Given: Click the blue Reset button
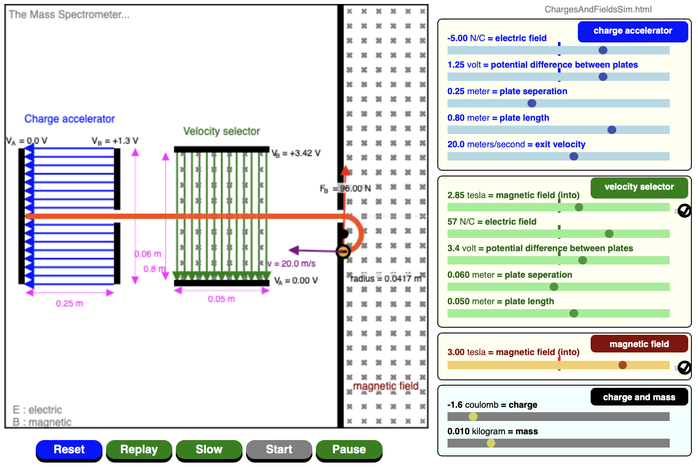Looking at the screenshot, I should [x=69, y=450].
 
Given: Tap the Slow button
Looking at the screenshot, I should [x=209, y=450].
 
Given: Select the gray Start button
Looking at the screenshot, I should [x=279, y=450].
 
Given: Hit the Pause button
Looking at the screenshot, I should [x=349, y=450].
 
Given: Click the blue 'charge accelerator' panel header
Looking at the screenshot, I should [x=633, y=31].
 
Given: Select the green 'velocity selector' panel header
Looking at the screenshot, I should [x=639, y=187].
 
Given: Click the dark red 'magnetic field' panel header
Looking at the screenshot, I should [x=639, y=344].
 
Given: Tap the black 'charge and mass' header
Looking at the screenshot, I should [x=639, y=397].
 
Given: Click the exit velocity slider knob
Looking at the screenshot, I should [x=574, y=156].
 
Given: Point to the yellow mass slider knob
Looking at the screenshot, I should [x=491, y=443].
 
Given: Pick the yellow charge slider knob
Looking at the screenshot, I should [x=473, y=417].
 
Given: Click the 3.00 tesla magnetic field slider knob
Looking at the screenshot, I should [x=622, y=365].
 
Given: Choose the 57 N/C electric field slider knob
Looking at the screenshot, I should [x=609, y=233].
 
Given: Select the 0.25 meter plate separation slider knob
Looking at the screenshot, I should [x=532, y=103].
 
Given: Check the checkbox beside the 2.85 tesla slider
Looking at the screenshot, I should [x=684, y=211].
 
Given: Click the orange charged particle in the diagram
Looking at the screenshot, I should [x=343, y=251].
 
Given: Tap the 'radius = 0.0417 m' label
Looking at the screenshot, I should [x=386, y=279].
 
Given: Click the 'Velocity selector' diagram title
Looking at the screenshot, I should [x=221, y=131].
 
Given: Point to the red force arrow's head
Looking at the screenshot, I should [x=345, y=170].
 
